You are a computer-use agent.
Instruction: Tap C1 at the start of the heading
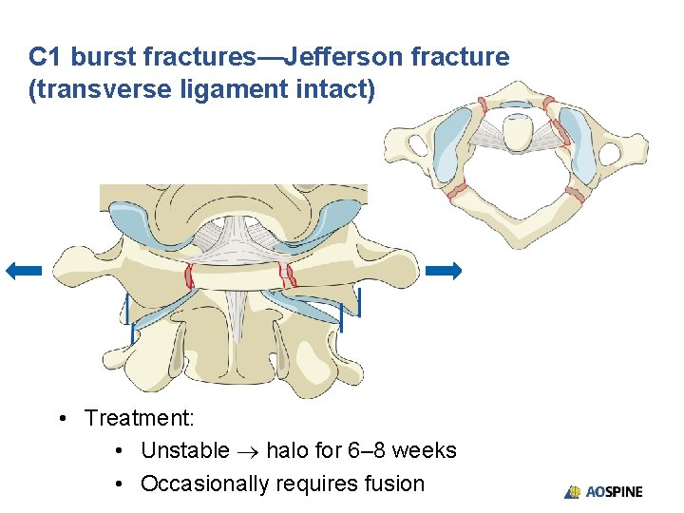(x=47, y=57)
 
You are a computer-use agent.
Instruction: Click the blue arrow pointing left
(x=24, y=271)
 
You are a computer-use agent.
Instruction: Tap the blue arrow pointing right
(x=443, y=271)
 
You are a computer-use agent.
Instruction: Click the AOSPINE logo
(x=603, y=491)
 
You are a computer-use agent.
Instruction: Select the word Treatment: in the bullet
(x=139, y=418)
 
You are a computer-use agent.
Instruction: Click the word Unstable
(x=184, y=450)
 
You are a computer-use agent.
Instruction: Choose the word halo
(x=287, y=450)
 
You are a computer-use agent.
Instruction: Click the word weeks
(x=425, y=450)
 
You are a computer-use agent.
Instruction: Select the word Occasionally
(x=204, y=484)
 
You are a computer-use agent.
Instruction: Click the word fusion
(x=394, y=484)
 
